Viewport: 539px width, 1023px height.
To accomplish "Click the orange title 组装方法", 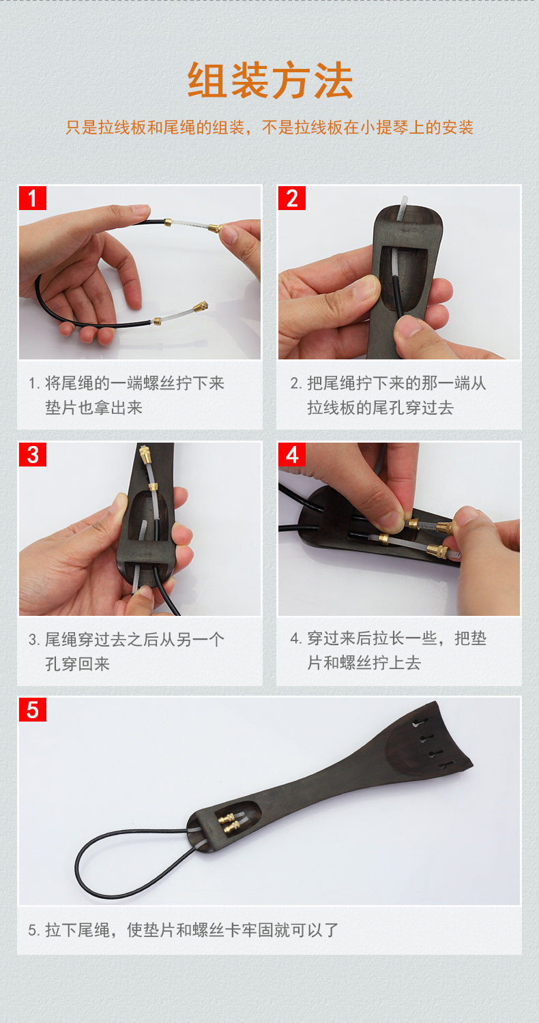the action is tap(270, 81).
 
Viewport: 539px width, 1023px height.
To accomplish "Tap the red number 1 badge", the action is tap(33, 198).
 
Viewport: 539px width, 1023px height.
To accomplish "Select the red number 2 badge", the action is tap(292, 198).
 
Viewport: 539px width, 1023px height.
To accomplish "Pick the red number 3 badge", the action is tap(33, 454).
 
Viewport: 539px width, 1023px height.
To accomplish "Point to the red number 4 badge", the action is tap(292, 454).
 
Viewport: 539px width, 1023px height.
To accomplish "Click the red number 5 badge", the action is tap(33, 710).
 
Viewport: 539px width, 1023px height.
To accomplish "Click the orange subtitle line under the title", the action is tap(269, 128).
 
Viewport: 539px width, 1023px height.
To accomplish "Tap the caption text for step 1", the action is tap(126, 395).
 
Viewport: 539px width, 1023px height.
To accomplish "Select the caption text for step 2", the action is tap(388, 395).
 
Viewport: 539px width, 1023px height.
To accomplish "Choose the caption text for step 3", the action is tap(126, 651).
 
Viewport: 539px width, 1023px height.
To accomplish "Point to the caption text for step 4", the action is tap(388, 651).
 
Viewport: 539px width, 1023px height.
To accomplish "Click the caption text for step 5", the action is tap(183, 930).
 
